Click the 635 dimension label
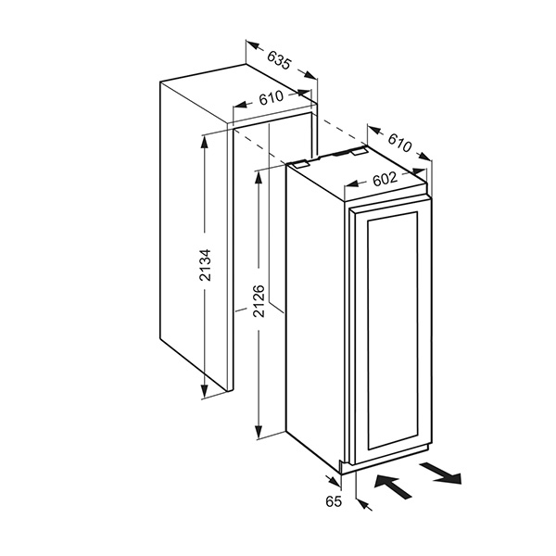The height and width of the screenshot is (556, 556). (x=279, y=62)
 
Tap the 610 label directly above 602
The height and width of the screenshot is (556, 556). (x=399, y=143)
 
